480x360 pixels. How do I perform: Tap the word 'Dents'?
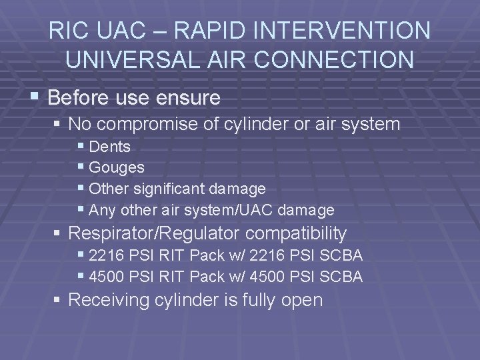point(109,147)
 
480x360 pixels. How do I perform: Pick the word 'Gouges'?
point(116,168)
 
